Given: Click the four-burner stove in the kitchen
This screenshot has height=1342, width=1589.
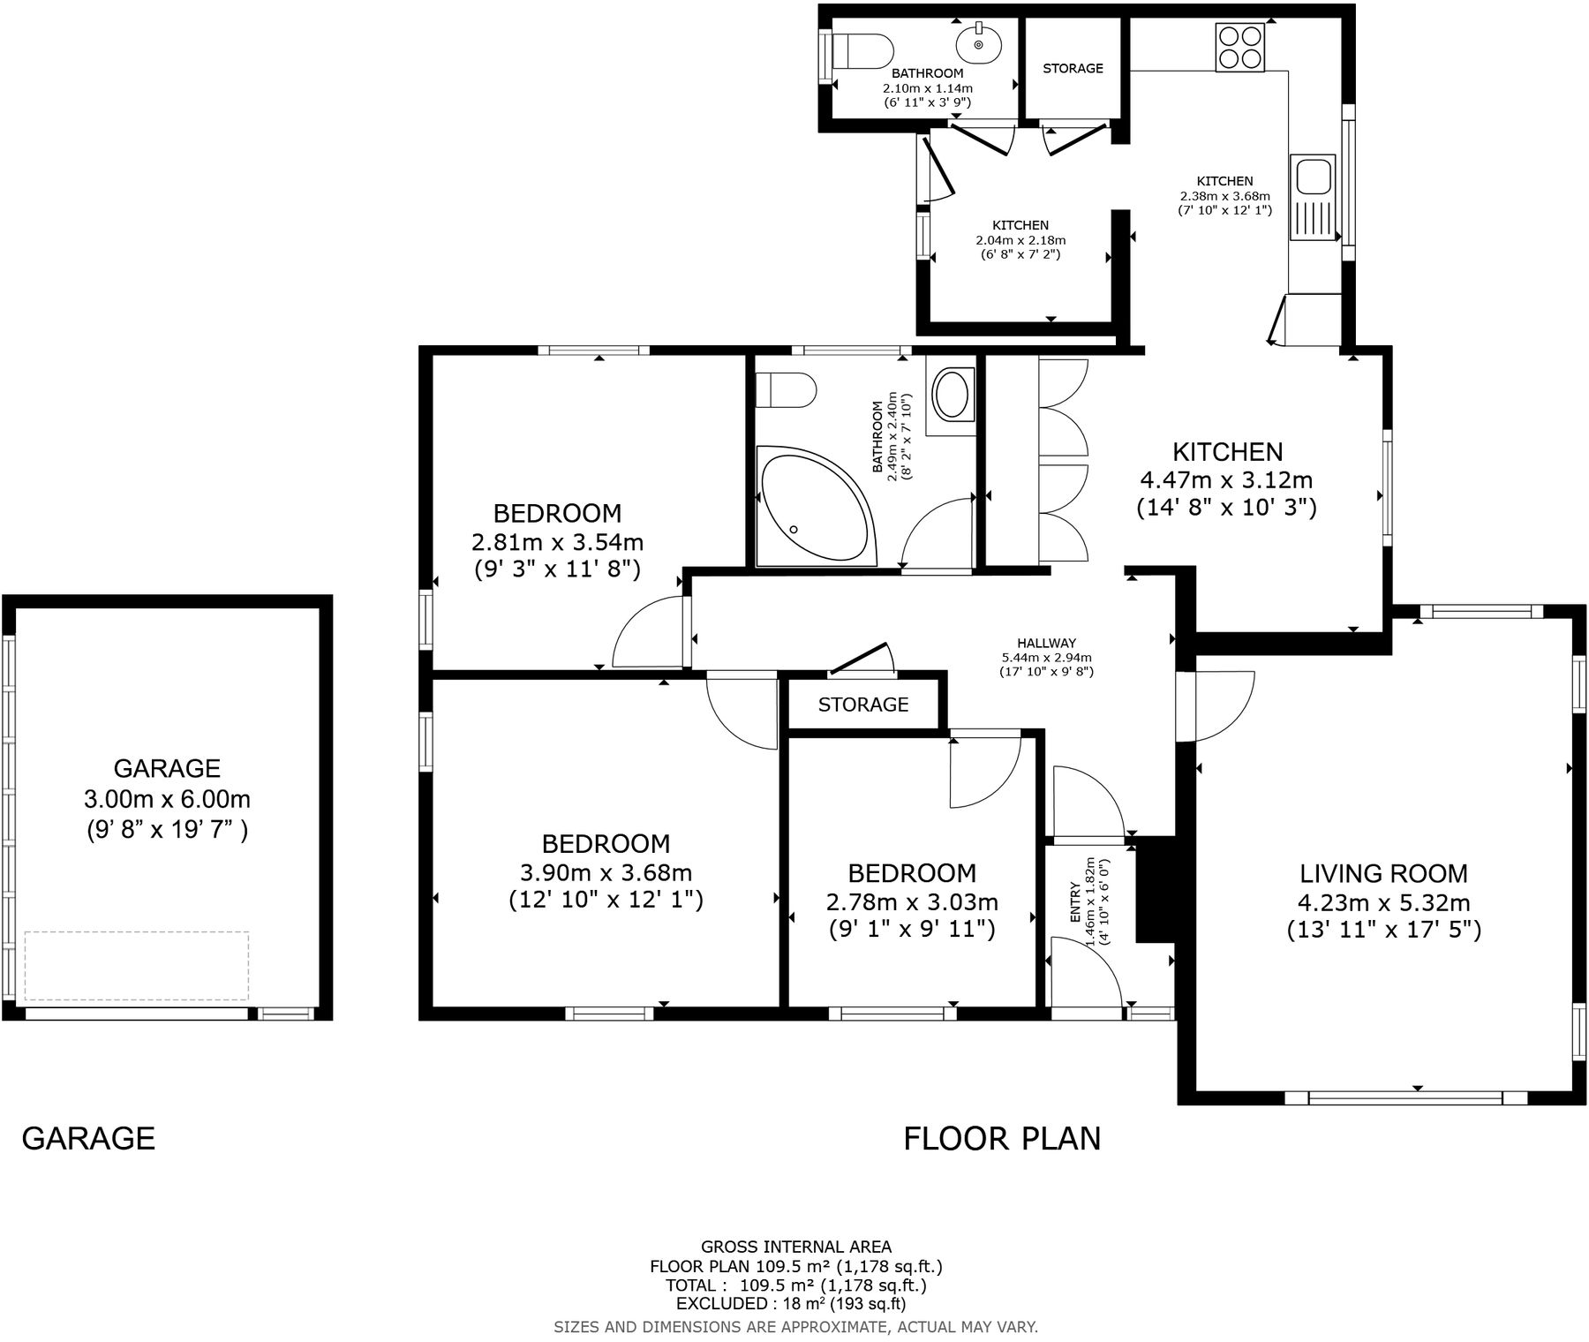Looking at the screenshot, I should tap(1240, 47).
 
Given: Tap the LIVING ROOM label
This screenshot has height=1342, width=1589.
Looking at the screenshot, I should tap(1383, 874).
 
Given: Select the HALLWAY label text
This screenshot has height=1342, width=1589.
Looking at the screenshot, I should tap(1046, 643).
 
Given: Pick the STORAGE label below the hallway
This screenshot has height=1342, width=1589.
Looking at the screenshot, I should tap(862, 705).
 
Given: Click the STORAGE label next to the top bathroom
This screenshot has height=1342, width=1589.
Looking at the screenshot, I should tap(1073, 68).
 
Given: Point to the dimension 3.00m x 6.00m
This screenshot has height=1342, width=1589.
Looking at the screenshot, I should tap(167, 800).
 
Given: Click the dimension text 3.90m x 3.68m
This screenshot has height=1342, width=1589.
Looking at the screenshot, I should tap(606, 873).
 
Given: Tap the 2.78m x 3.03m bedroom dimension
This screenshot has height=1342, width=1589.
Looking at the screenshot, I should tap(912, 902).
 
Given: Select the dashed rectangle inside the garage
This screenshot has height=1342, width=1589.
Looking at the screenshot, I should tap(137, 965).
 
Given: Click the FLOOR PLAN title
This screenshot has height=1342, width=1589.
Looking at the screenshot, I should tap(1002, 1139).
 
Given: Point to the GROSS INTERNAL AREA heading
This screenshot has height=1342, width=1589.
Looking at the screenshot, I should tap(795, 1247).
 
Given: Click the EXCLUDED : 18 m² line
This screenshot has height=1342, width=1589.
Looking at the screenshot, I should tap(790, 1303).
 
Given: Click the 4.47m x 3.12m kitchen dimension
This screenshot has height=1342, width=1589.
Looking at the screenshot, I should tap(1226, 480).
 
